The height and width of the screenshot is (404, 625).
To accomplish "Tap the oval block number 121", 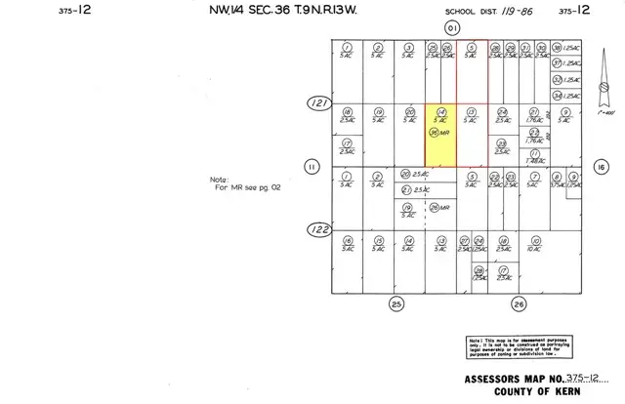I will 316,101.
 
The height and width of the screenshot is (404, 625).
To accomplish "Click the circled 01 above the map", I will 450,29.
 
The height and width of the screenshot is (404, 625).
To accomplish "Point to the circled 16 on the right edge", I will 602,166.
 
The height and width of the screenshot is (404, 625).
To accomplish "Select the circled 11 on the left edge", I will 312,166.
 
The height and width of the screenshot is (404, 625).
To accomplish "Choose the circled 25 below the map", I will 396,303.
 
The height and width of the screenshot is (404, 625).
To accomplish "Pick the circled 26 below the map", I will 519,303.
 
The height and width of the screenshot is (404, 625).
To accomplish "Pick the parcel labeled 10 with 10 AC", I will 534,244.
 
